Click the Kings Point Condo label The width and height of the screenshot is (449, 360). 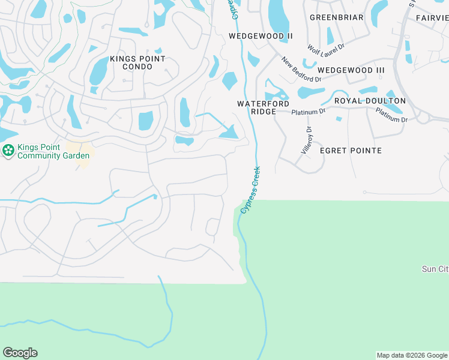tap(137, 62)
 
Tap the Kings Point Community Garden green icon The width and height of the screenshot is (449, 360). tap(8, 151)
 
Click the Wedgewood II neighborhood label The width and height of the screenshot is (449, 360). tap(261, 36)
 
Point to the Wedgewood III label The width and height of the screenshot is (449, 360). tap(351, 70)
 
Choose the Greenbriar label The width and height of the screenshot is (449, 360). tap(336, 17)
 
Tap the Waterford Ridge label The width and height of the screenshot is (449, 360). tap(264, 107)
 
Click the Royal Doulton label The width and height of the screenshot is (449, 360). tap(370, 101)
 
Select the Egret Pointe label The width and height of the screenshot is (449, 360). tap(351, 151)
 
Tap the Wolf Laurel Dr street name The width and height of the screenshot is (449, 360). tap(325, 47)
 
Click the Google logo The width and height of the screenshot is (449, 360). tap(20, 353)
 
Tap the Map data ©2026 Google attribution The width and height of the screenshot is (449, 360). tap(412, 355)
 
